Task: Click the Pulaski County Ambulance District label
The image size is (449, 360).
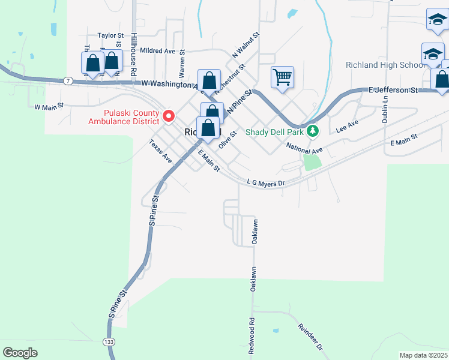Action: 123,117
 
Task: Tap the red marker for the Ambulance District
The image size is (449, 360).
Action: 169,115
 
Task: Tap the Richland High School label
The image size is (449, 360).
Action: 385,65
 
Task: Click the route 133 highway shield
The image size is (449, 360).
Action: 109,341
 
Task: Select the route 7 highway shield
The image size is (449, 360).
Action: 68,80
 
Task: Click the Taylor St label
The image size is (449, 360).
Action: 110,36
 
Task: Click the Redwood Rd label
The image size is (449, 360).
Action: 252,335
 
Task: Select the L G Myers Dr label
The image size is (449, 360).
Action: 265,182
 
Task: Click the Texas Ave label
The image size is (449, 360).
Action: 160,152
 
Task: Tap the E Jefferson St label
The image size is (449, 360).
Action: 393,89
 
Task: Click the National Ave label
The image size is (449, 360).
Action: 304,147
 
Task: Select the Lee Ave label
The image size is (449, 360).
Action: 347,125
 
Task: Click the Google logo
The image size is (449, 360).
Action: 20,353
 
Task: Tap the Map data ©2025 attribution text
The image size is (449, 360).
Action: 423,355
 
